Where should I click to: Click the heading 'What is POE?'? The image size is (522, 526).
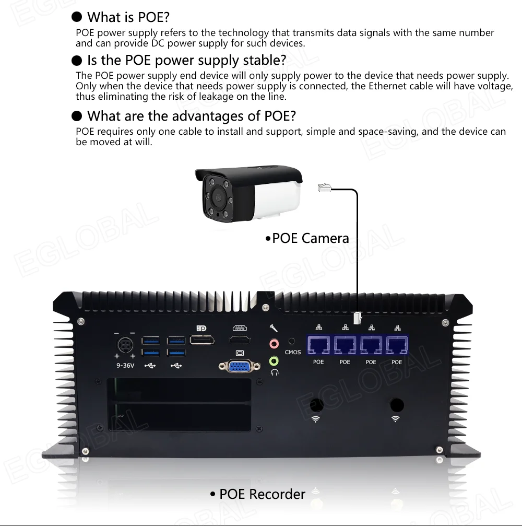128,17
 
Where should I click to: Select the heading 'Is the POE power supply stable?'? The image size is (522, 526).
187,61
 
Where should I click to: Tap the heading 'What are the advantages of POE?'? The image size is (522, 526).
192,116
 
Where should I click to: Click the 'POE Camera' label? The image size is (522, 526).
311,238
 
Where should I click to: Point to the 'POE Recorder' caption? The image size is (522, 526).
262,494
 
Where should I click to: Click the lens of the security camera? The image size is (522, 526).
218,197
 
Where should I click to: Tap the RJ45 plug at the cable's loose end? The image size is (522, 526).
324,188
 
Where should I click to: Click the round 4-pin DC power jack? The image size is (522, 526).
125,345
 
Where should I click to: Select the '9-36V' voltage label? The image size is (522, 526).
125,365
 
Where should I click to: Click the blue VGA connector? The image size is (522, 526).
240,366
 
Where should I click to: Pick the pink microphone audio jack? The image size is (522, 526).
274,344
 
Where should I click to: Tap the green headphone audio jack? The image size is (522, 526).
274,361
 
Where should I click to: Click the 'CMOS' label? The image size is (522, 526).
293,352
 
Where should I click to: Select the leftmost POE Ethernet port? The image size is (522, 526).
318,345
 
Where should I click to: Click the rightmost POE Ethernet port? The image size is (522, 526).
397,345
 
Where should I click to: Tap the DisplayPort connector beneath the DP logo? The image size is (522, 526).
202,340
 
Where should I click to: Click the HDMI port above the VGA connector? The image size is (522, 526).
240,340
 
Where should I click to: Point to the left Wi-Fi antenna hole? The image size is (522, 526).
316,405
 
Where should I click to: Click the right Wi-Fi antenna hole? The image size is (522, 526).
397,405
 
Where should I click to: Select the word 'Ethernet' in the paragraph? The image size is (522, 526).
388,86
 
